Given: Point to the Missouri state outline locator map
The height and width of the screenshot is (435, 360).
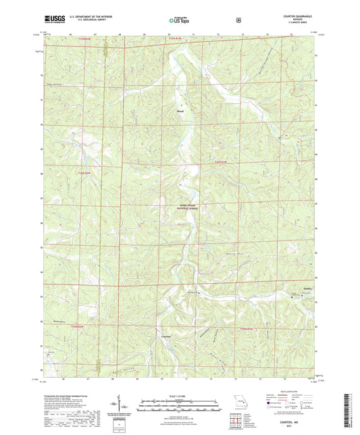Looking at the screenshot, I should [236, 401].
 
